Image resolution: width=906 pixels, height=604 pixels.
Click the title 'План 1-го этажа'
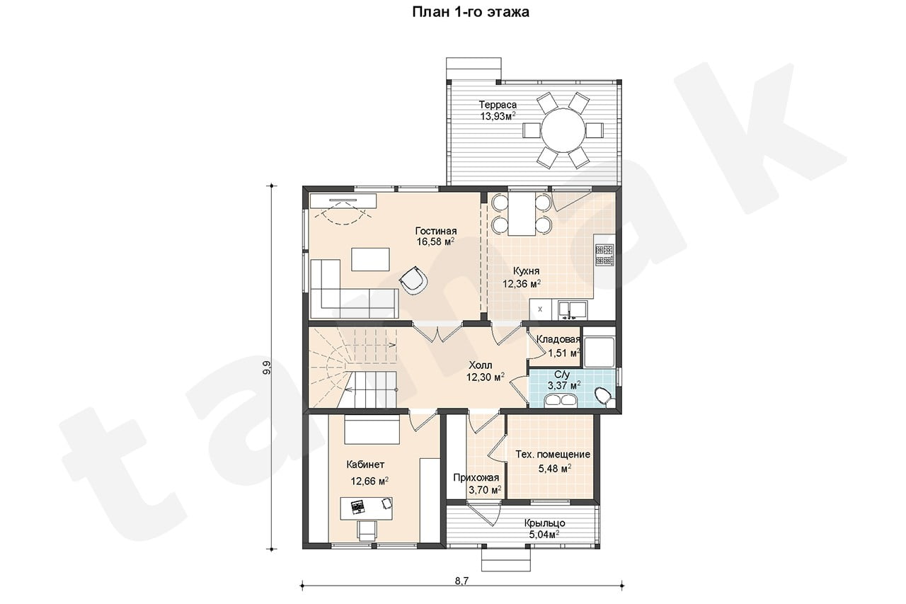tap(471, 12)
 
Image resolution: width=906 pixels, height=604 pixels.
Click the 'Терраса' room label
tap(498, 104)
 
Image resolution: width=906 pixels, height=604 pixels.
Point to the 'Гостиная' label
tap(436, 231)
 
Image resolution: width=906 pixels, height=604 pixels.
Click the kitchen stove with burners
tap(604, 255)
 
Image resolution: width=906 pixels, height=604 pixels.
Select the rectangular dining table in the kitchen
tap(522, 214)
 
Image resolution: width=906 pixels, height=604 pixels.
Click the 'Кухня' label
tap(526, 270)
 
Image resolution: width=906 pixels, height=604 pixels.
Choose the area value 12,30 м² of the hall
tap(486, 377)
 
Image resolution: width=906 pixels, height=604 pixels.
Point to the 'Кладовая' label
tap(558, 339)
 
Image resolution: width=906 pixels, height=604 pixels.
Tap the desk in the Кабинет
tap(367, 508)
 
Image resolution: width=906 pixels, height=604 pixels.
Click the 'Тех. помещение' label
tap(553, 455)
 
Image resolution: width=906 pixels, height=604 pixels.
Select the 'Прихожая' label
tap(476, 478)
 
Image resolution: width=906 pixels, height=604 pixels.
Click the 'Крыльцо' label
tap(545, 523)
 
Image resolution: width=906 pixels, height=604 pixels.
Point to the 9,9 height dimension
tap(266, 367)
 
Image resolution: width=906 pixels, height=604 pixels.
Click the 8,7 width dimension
tap(462, 581)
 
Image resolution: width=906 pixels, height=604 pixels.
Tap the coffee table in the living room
tap(370, 259)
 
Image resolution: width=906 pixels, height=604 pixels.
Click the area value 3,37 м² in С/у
tap(564, 385)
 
